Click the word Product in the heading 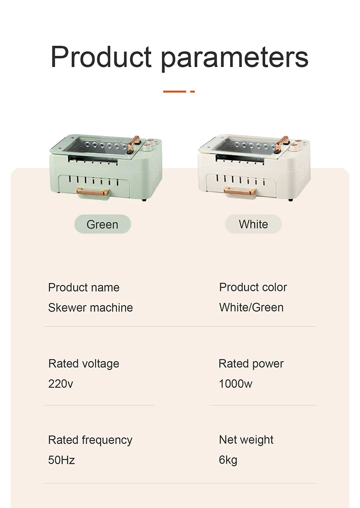pos(101,57)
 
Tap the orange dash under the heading pos(179,92)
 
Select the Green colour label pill pos(103,224)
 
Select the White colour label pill pos(253,224)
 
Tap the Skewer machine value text pos(90,308)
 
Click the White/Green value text pos(251,308)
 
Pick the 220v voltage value pos(61,384)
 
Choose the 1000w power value pos(235,384)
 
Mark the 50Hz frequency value pos(62,460)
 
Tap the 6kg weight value pos(228,460)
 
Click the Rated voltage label pos(83,364)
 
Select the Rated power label pos(251,364)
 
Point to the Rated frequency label pos(90,440)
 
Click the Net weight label pos(246,440)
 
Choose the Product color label pos(253,288)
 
